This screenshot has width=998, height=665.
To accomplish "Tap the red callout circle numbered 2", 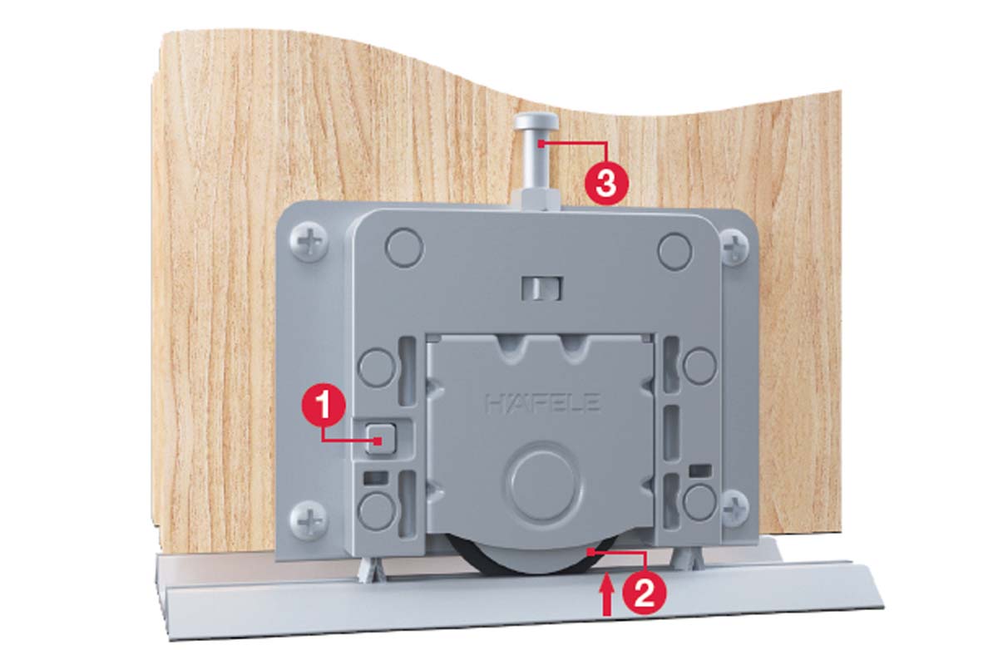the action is point(644,592).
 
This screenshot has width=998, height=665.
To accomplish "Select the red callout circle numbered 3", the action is point(606,183).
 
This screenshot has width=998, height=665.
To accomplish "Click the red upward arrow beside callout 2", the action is point(606,594).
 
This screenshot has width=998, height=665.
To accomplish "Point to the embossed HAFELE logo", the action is point(543,403).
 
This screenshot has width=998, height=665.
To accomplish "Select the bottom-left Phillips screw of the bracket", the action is point(309,519).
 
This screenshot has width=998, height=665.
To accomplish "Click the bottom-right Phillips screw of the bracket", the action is point(734,507).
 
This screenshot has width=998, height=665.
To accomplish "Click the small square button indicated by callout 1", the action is point(381,438).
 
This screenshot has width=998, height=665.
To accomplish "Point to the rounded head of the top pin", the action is point(536,121).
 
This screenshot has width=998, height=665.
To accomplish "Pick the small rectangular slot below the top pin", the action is point(541,288).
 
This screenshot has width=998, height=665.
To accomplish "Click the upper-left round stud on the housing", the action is point(404,248).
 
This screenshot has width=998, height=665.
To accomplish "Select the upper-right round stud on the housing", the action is point(675,252).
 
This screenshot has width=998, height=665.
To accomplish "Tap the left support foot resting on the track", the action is point(371,571).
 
